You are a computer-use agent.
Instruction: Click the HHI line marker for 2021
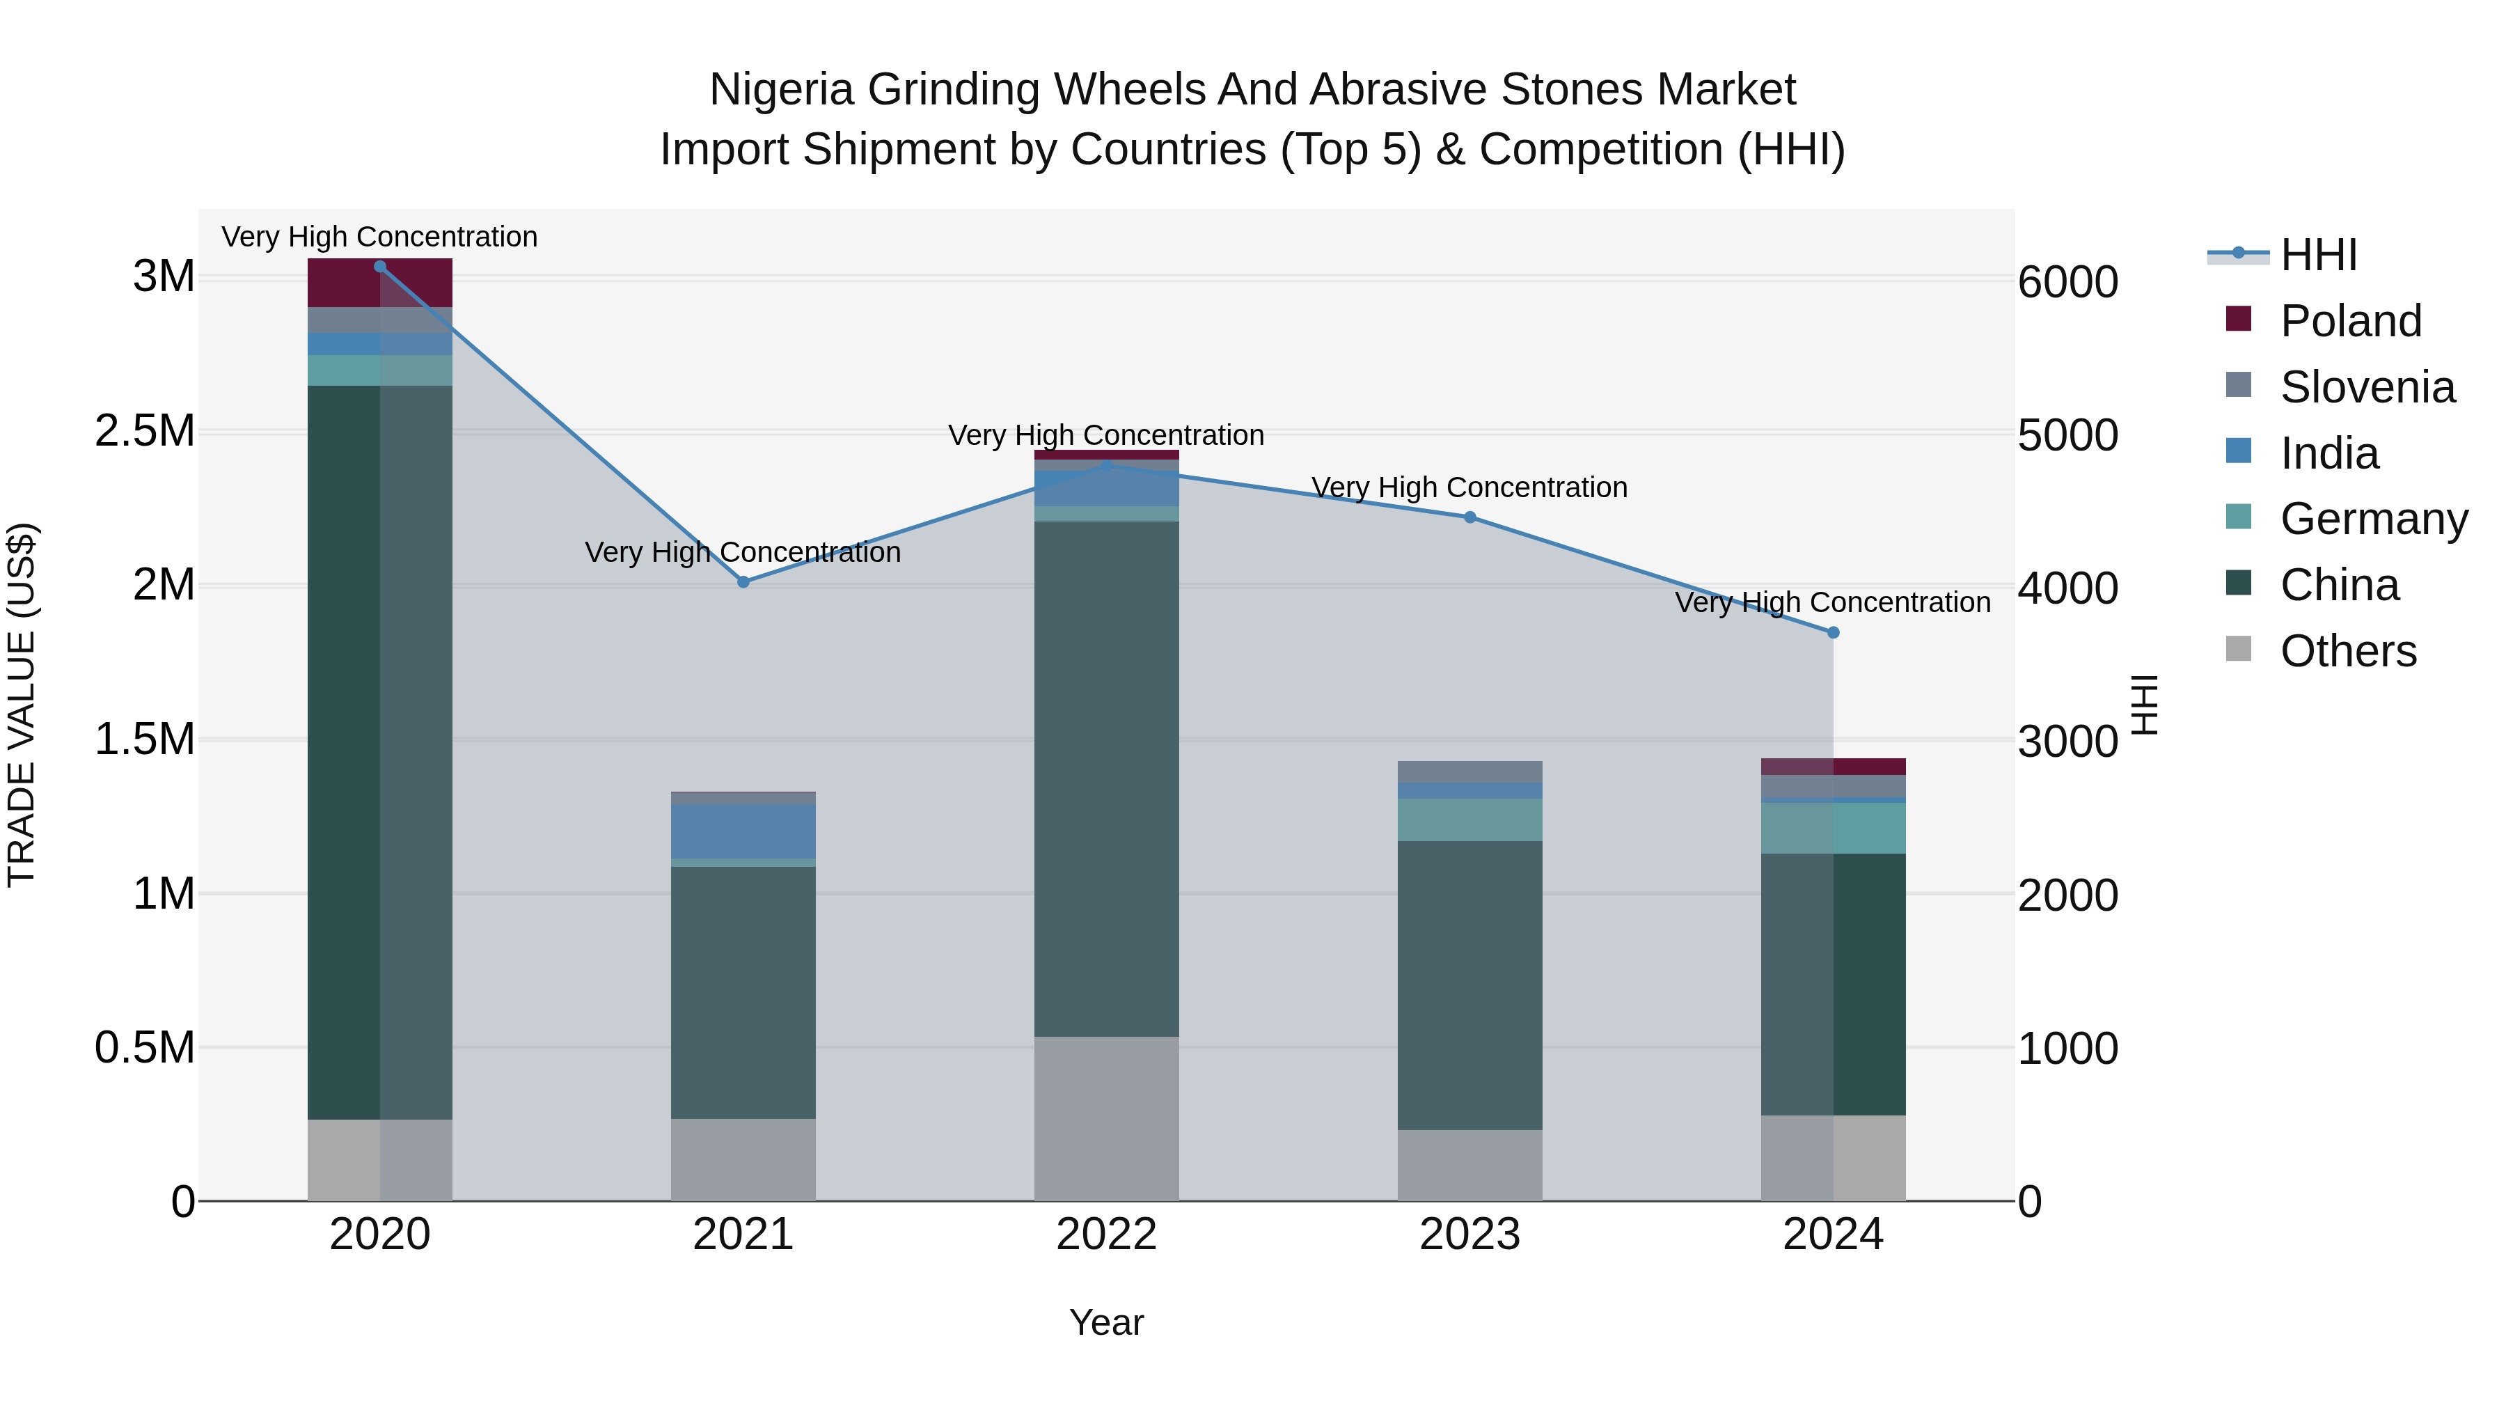743,582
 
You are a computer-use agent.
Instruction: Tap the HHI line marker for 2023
1470,517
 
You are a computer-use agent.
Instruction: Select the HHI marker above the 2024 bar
1833,632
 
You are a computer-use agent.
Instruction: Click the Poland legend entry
2349,321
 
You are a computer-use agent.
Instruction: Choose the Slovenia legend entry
2366,387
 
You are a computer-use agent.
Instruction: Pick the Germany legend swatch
2239,517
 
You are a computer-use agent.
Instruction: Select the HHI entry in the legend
2317,255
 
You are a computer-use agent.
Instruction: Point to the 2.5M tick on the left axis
144,431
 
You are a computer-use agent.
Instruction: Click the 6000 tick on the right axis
2067,282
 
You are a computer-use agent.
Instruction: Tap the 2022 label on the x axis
1106,1235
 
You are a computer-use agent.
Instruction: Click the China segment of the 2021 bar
743,992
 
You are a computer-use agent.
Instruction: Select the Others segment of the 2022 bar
1106,1119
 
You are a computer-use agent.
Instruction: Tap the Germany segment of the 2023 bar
1470,820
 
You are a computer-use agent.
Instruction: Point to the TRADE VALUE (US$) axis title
22,705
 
